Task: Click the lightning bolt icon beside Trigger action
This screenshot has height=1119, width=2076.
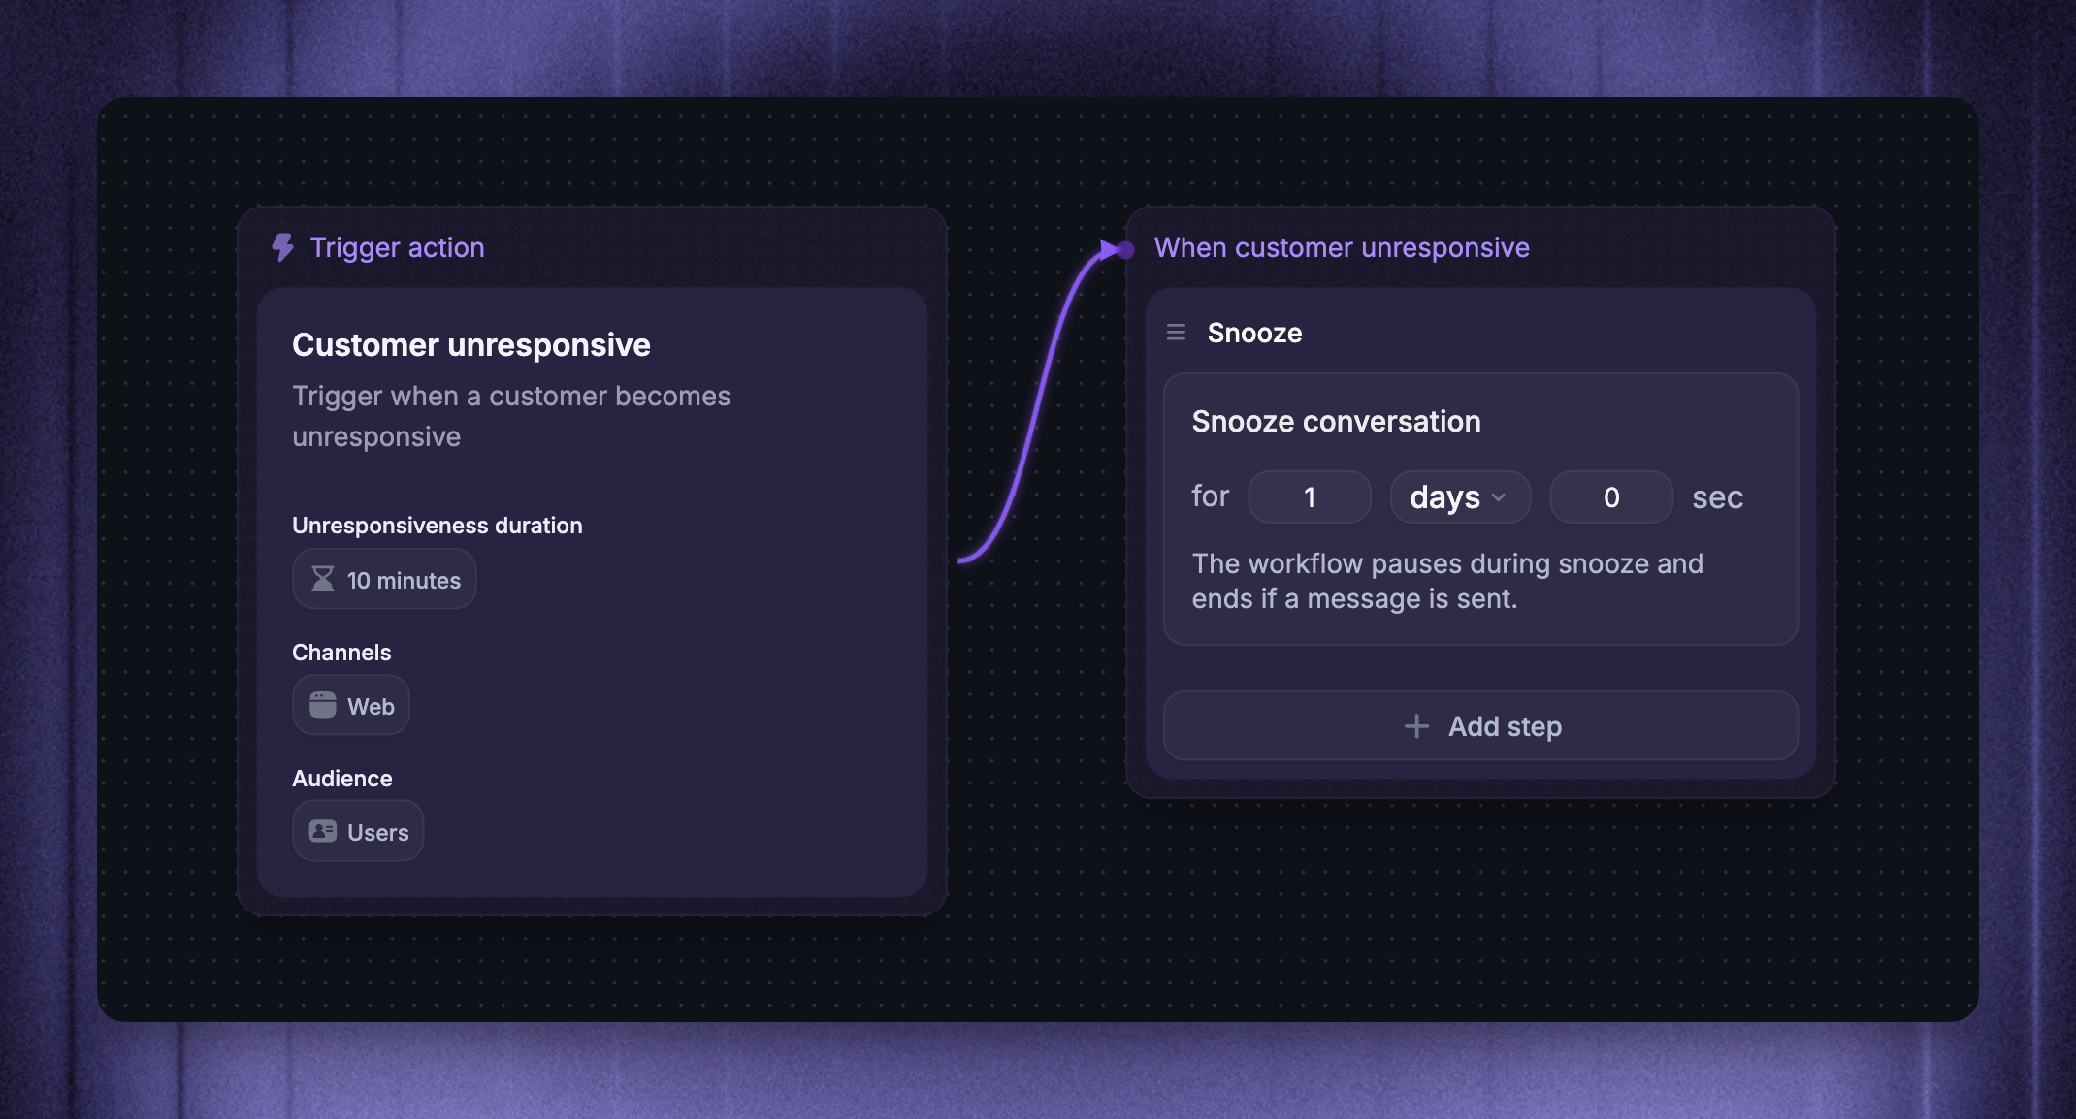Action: pyautogui.click(x=282, y=247)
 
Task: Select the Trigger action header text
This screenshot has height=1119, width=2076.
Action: pyautogui.click(x=397, y=247)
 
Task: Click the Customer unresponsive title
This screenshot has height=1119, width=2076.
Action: pyautogui.click(x=471, y=344)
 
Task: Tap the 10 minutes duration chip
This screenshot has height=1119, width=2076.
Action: pyautogui.click(x=384, y=580)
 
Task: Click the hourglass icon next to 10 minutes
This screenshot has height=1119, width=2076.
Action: pyautogui.click(x=323, y=579)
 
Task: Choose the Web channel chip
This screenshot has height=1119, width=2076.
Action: pyautogui.click(x=351, y=705)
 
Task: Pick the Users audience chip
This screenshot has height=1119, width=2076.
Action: pyautogui.click(x=358, y=831)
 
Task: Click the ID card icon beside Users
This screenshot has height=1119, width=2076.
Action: pyautogui.click(x=323, y=831)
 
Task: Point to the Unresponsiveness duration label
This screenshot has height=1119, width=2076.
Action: pyautogui.click(x=438, y=526)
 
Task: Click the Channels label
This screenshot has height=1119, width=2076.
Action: pyautogui.click(x=341, y=653)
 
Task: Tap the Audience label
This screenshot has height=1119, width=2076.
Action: pyautogui.click(x=342, y=779)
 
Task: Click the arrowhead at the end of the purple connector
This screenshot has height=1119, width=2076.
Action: pyautogui.click(x=1109, y=250)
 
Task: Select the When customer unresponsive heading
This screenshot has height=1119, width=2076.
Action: pyautogui.click(x=1342, y=247)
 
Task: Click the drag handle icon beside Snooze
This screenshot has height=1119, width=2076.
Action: pyautogui.click(x=1176, y=333)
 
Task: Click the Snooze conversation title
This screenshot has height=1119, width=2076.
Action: pyautogui.click(x=1336, y=421)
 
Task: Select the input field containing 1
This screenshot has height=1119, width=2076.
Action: pyautogui.click(x=1310, y=497)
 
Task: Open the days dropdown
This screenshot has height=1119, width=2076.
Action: pyautogui.click(x=1460, y=497)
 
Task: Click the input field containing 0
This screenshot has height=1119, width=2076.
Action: pyautogui.click(x=1611, y=497)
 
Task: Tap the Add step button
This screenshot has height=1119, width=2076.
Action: pyautogui.click(x=1480, y=725)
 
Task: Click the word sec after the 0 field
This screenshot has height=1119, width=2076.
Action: pyautogui.click(x=1718, y=497)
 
